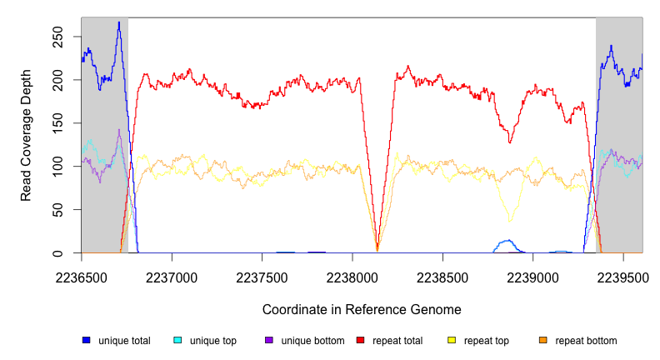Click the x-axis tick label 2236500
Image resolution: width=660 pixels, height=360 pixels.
(x=82, y=274)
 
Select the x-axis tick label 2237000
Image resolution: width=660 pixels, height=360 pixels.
(x=172, y=274)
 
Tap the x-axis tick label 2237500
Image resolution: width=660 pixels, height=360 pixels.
(x=262, y=274)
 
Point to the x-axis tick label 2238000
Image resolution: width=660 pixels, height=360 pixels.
(x=352, y=274)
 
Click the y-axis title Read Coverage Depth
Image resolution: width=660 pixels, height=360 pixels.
(x=27, y=136)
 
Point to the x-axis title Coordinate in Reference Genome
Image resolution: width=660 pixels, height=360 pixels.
(x=362, y=309)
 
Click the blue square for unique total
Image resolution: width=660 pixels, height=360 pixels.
(x=86, y=341)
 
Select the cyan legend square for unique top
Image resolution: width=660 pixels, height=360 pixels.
(x=177, y=341)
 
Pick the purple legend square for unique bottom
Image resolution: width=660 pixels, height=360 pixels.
(x=269, y=341)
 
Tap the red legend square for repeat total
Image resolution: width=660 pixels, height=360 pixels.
(x=360, y=341)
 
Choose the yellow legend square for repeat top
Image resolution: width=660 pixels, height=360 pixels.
(x=452, y=341)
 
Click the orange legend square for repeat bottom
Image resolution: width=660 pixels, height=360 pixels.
(x=543, y=341)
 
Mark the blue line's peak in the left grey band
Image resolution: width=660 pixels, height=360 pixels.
(x=119, y=23)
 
